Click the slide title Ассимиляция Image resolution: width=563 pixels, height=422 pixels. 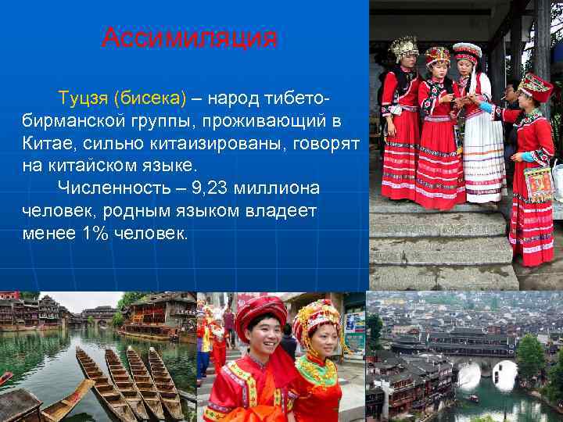pyautogui.click(x=189, y=37)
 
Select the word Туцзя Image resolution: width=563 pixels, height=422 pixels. pyautogui.click(x=83, y=98)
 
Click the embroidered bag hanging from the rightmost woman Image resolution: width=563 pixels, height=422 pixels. pyautogui.click(x=539, y=183)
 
